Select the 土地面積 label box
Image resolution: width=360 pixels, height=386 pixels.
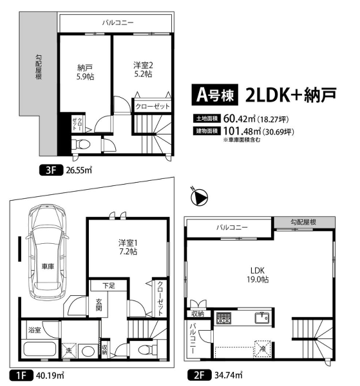coord(207,118)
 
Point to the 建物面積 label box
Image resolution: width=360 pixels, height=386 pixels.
coord(207,131)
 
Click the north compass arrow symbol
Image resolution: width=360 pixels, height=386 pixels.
coord(199,197)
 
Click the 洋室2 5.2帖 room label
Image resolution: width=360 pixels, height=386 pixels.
coord(142,69)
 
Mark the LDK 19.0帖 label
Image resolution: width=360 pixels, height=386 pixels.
coord(260,275)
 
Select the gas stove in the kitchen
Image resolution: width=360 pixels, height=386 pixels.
coord(223,318)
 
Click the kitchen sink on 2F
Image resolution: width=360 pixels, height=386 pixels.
coord(262,318)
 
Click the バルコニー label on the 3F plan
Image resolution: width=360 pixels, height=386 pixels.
coord(117,23)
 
